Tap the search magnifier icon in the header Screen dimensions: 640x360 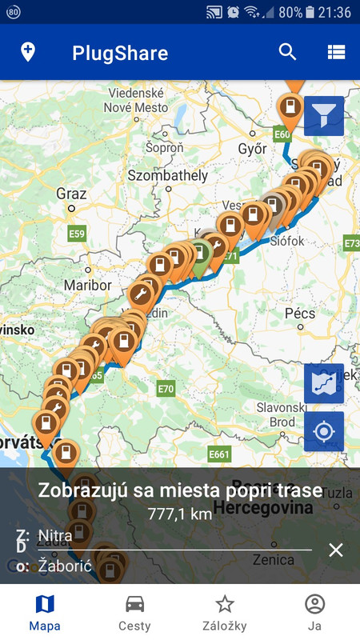(x=287, y=53)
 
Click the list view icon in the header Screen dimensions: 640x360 (x=336, y=53)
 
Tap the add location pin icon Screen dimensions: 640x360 (x=28, y=53)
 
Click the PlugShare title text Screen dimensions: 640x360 (x=120, y=54)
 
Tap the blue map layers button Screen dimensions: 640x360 (x=323, y=384)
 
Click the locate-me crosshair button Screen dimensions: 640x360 (x=323, y=432)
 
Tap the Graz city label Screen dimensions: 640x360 (x=71, y=194)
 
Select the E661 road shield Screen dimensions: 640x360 (x=218, y=455)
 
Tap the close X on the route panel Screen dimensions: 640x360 (x=336, y=550)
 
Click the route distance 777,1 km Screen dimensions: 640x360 (x=180, y=514)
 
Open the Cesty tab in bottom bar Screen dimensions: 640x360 (x=134, y=612)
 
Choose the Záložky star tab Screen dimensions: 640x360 (x=225, y=612)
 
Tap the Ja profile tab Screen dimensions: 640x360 (x=315, y=612)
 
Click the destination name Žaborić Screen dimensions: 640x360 (x=65, y=566)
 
